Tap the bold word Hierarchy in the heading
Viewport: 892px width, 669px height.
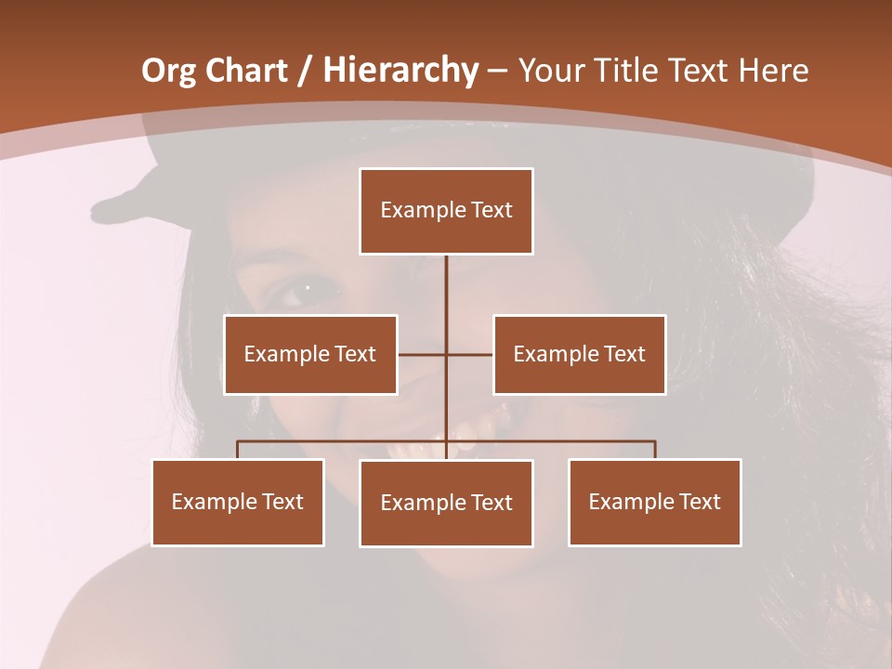[x=400, y=71]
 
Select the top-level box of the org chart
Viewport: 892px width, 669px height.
[x=446, y=211]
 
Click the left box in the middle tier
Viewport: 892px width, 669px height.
[x=310, y=354]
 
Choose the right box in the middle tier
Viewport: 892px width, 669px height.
[x=579, y=354]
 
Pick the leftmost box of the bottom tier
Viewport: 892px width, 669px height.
[x=238, y=503]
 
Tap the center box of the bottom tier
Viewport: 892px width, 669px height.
[x=446, y=504]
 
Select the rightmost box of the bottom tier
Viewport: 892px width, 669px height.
[x=654, y=503]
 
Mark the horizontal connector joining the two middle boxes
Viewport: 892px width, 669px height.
[x=423, y=354]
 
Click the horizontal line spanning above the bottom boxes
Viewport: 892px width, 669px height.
[x=344, y=441]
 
